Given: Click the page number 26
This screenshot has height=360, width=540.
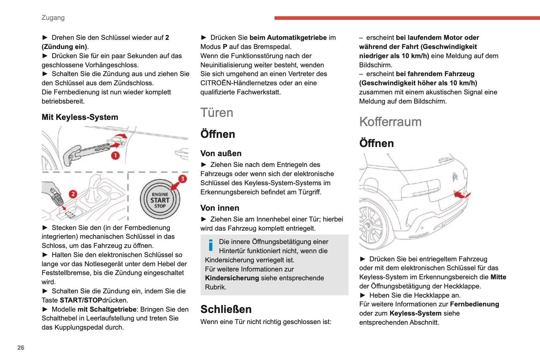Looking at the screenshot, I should pos(21,348).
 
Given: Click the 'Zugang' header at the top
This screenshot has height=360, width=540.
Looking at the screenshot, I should pos(53,18).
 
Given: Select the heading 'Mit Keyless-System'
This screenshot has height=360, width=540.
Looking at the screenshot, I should pos(80,117).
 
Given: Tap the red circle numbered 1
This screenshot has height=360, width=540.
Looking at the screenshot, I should pos(115,155).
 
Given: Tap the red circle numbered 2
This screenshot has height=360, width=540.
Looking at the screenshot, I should pos(73,194).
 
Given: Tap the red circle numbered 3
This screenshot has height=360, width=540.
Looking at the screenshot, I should pos(183,179).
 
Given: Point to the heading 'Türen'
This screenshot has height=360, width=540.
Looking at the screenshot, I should pos(217,113).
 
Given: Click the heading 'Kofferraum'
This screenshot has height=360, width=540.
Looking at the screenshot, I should pos(390,122).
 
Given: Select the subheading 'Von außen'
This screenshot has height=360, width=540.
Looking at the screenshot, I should pos(221,154).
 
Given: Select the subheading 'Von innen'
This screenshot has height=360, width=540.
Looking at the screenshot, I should pos(220,208).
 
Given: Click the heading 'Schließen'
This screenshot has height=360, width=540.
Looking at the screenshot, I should pos(226,309).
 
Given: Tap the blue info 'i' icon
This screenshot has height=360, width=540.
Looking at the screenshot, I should pos(211,245).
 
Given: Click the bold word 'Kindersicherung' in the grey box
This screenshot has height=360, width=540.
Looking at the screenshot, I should pos(232,278).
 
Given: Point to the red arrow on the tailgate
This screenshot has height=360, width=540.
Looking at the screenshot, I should pos(461,195).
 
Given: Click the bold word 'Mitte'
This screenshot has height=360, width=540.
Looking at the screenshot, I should pos(498,277).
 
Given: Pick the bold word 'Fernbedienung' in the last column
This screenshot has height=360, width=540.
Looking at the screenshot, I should pos(474,304).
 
